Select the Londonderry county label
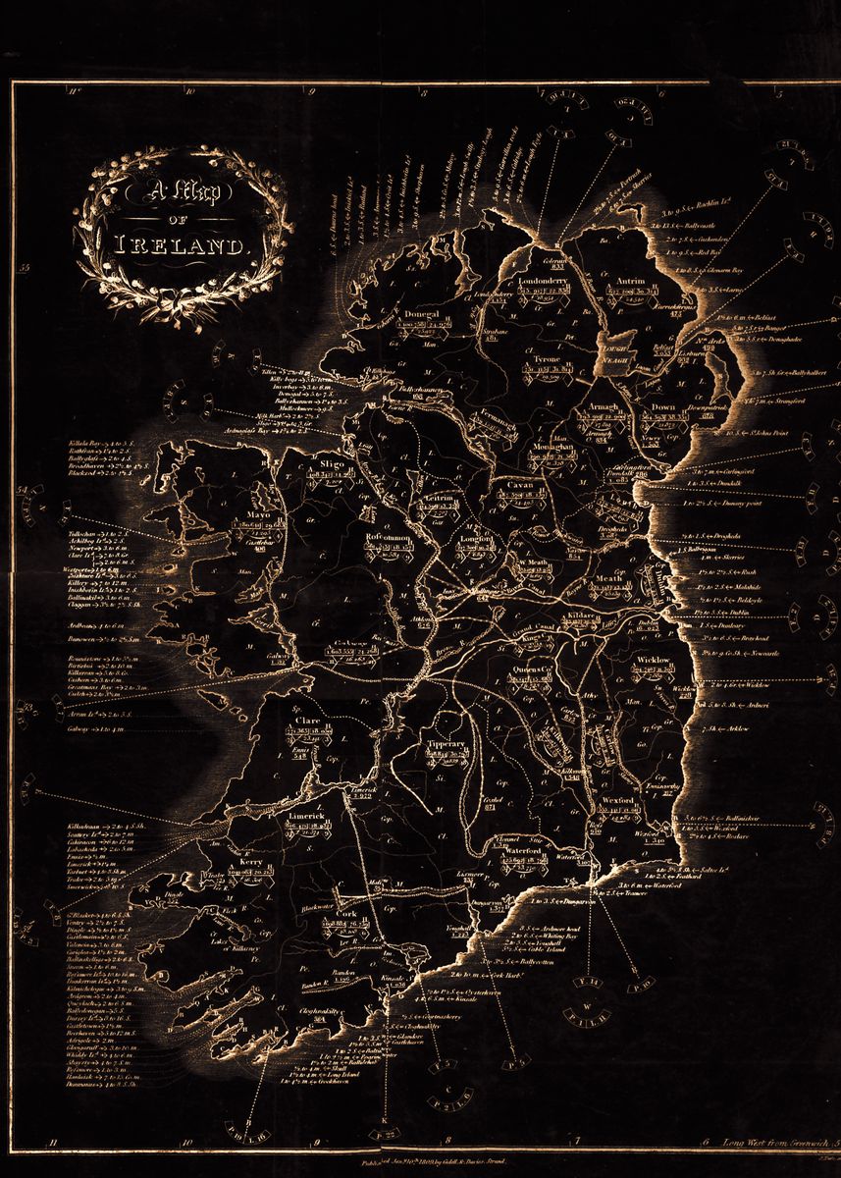tap(543, 282)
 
